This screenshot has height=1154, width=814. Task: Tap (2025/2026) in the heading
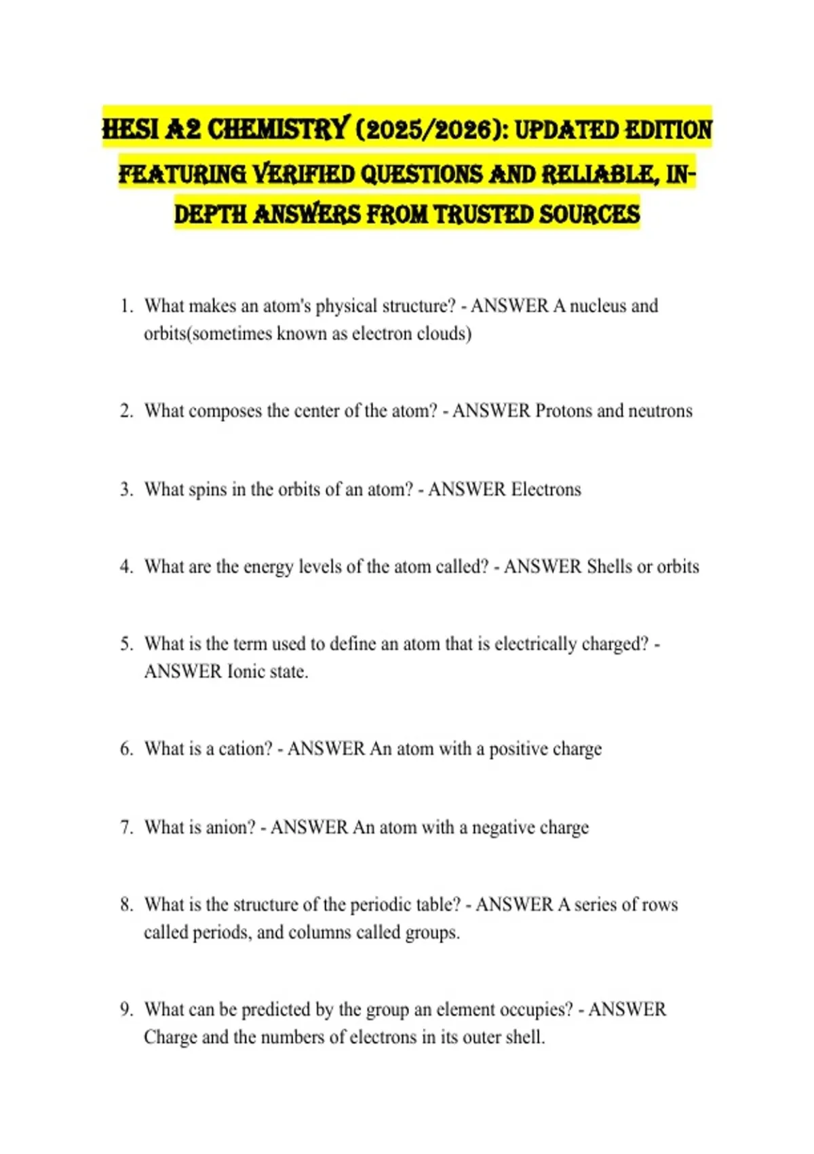pyautogui.click(x=431, y=129)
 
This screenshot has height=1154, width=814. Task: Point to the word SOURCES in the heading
pyautogui.click(x=589, y=215)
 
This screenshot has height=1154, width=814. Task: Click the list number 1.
pyautogui.click(x=126, y=306)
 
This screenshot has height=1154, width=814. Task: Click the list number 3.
pyautogui.click(x=126, y=489)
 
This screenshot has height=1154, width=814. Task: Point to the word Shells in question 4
pyautogui.click(x=608, y=567)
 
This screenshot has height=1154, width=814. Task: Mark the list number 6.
pyautogui.click(x=126, y=749)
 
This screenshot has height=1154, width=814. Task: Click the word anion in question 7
pyautogui.click(x=231, y=827)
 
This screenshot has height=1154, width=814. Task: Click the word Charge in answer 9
pyautogui.click(x=170, y=1038)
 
